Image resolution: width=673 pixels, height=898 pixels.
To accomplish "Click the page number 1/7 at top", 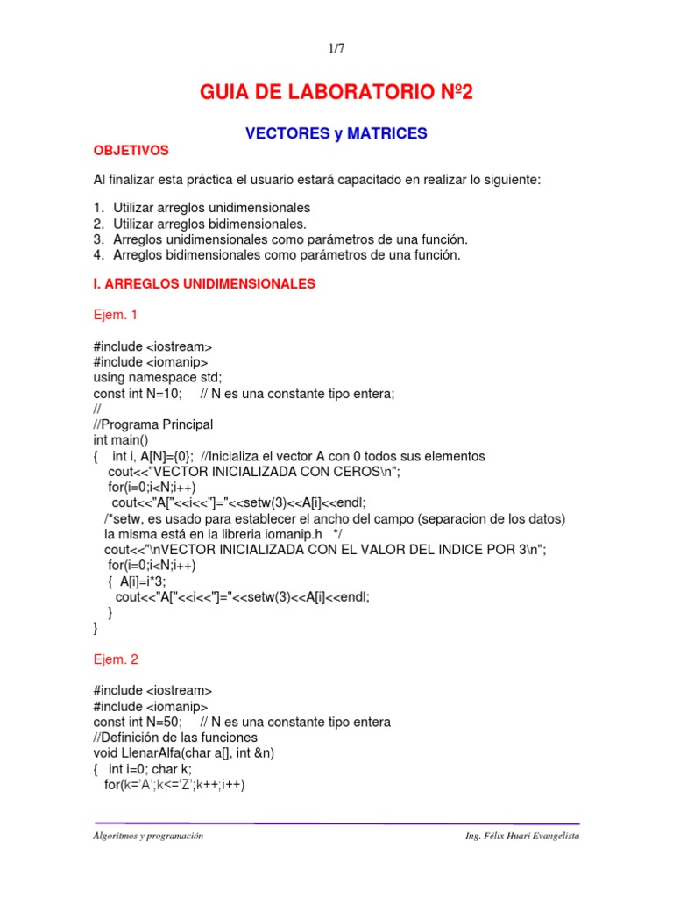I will click(336, 50).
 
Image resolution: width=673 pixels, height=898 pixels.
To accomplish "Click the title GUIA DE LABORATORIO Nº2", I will click(336, 93).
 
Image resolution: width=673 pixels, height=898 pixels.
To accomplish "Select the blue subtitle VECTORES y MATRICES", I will click(336, 133).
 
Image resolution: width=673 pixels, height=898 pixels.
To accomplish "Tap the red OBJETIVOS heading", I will click(131, 151).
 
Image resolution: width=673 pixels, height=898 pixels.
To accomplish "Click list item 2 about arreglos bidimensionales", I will click(198, 224).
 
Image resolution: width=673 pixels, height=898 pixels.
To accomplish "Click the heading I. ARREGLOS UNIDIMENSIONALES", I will click(204, 284).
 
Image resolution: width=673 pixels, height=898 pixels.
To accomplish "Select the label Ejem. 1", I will click(116, 314).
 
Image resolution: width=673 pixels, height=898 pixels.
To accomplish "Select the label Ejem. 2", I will click(116, 659).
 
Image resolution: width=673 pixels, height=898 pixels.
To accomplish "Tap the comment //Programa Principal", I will click(153, 424).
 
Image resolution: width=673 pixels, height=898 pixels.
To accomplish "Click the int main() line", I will click(122, 440).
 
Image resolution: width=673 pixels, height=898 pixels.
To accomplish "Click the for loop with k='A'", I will click(174, 785).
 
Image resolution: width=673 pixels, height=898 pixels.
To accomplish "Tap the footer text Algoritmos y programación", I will click(148, 837).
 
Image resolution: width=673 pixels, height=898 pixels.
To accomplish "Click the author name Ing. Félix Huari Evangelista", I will click(522, 837).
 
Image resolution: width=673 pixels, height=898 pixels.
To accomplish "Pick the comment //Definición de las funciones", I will click(176, 738).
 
